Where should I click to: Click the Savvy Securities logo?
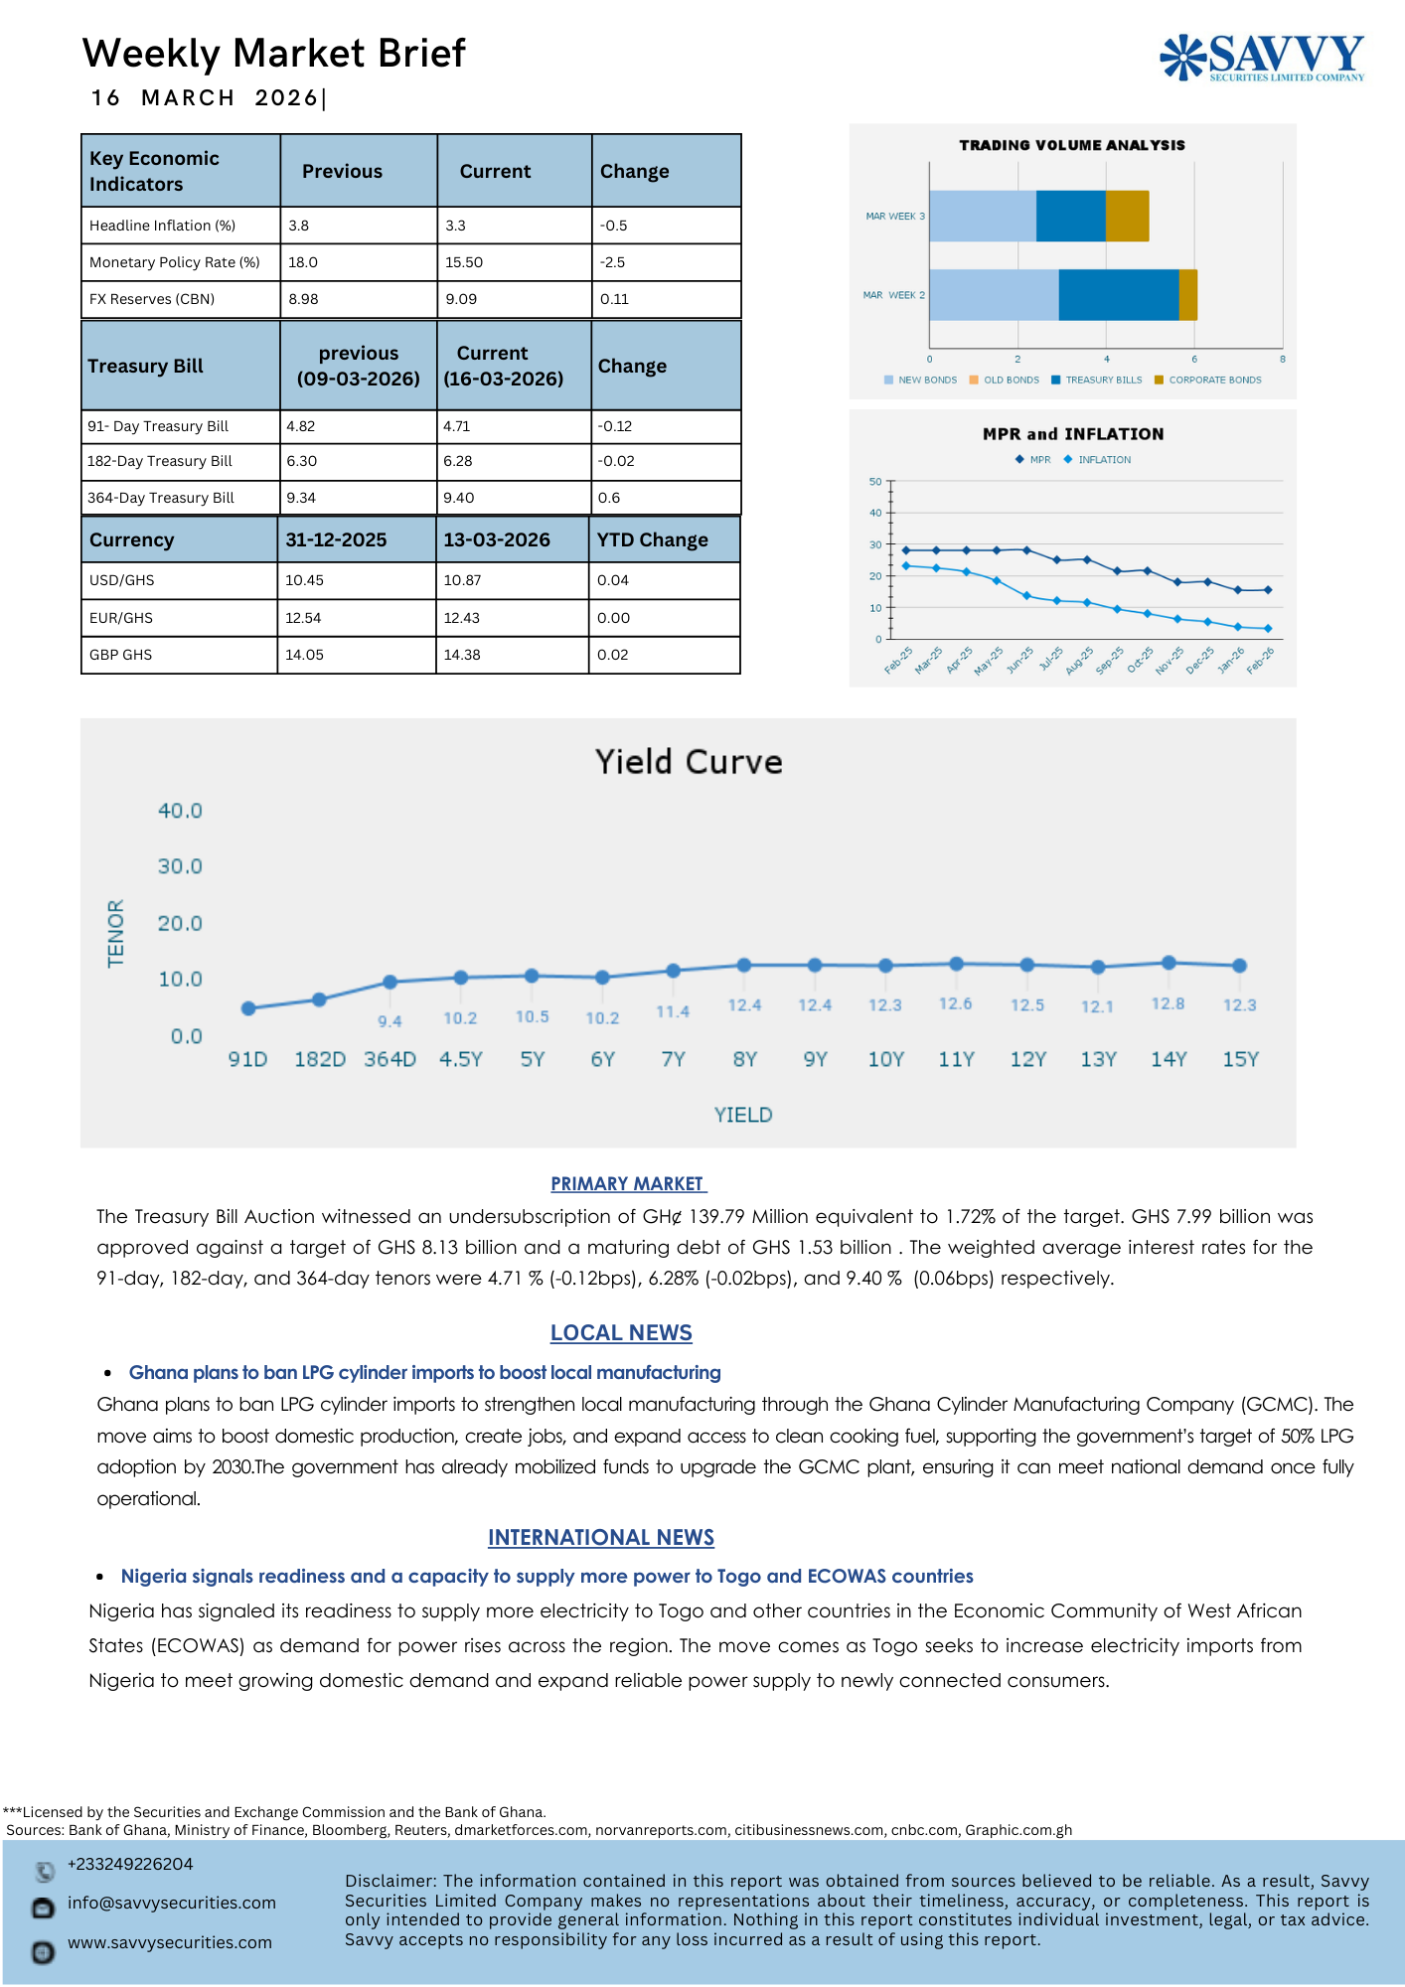coord(1262,57)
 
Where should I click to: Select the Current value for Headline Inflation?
coord(456,226)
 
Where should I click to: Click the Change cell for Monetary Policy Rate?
coord(613,262)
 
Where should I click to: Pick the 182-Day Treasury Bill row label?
coord(160,461)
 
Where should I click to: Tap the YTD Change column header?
coord(652,539)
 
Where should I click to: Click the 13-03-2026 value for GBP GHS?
coord(462,655)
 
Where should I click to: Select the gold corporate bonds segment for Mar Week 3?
coord(1127,216)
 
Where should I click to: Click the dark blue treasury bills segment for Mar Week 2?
coord(1118,295)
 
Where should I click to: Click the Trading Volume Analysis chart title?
coord(1071,145)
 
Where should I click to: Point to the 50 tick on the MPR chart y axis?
coord(875,482)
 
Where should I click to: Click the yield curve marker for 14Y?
coord(1169,963)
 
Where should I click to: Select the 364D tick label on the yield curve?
coord(390,1059)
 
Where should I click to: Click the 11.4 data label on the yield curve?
coord(673,1011)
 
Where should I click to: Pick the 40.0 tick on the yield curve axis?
coord(180,811)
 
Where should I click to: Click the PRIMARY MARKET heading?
coord(628,1183)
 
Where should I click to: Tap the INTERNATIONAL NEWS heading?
coord(600,1537)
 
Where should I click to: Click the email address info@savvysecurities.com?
coord(172,1903)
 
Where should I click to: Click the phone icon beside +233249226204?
coord(44,1872)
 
